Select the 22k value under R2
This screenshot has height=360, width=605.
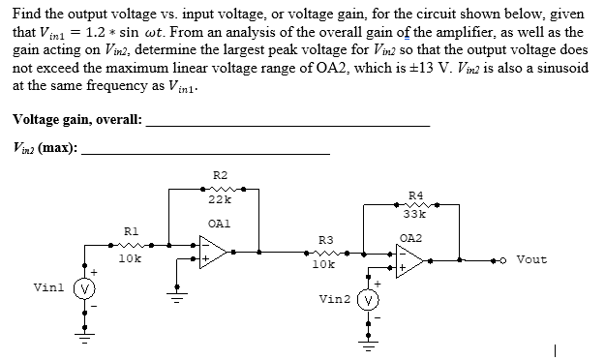click(x=219, y=198)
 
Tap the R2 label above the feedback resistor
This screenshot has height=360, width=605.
click(x=219, y=174)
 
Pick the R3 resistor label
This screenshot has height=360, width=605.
click(x=325, y=238)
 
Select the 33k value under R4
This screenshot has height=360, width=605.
click(x=415, y=214)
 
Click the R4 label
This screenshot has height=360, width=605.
click(x=415, y=195)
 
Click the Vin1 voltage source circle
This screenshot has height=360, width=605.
click(x=84, y=287)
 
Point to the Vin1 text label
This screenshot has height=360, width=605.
click(x=48, y=287)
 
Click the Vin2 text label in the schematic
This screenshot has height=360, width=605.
click(x=334, y=299)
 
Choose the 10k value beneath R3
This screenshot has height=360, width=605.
click(x=325, y=263)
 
